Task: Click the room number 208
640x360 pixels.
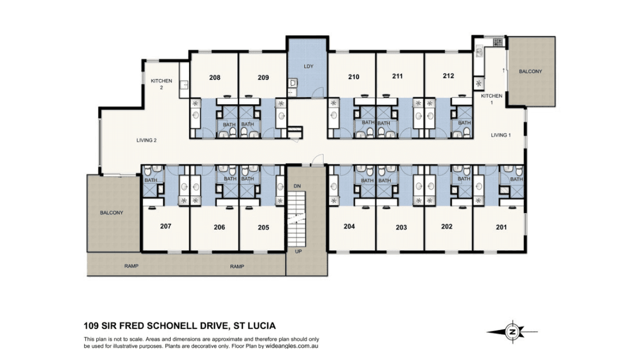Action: click(x=214, y=78)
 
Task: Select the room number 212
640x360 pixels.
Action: click(x=449, y=76)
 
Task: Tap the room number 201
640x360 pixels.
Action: click(x=501, y=227)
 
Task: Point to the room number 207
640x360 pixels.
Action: click(x=166, y=225)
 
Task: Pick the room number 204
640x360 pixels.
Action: click(x=350, y=226)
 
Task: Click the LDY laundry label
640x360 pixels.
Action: click(x=309, y=67)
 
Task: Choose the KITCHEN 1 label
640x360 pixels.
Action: click(x=491, y=100)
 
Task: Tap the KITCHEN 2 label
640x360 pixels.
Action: click(x=161, y=84)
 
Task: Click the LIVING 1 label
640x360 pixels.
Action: click(x=501, y=135)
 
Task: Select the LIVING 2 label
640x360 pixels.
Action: click(x=147, y=141)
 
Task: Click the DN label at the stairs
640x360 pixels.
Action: click(x=297, y=187)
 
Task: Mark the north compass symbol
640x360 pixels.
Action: click(x=512, y=332)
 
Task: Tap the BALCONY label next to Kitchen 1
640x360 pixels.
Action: click(x=531, y=71)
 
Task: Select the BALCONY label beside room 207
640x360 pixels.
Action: click(x=111, y=213)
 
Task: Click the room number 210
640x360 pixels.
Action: click(x=353, y=77)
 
